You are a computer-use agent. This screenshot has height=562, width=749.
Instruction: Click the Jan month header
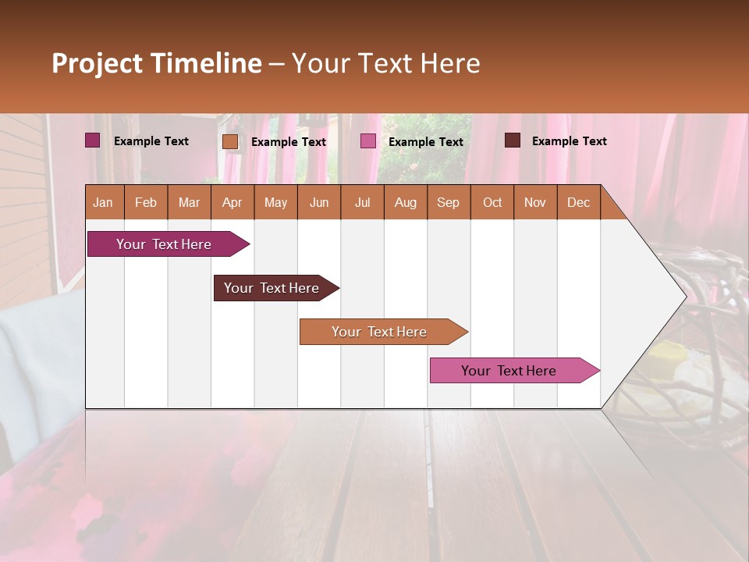click(x=103, y=203)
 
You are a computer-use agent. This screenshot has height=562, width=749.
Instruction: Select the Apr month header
click(x=232, y=203)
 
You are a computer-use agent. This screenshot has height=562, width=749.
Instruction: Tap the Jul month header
click(x=362, y=203)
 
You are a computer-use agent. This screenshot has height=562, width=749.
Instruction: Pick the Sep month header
click(x=448, y=203)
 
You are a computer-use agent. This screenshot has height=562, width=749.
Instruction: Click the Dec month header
click(x=578, y=203)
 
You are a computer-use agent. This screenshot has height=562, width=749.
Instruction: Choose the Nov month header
click(x=534, y=203)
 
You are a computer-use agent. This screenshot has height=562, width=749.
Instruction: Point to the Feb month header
click(x=146, y=203)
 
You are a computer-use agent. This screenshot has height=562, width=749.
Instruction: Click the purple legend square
click(x=92, y=140)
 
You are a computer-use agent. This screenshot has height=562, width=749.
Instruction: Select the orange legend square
click(x=229, y=141)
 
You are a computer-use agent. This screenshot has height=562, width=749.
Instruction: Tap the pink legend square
click(x=367, y=141)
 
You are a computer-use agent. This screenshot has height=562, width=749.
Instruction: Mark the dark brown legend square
click(x=512, y=140)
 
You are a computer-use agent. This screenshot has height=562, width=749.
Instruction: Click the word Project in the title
click(x=98, y=63)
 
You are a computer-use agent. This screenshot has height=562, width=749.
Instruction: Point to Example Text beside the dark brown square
click(x=569, y=141)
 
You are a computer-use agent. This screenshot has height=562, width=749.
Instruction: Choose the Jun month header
click(x=318, y=203)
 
